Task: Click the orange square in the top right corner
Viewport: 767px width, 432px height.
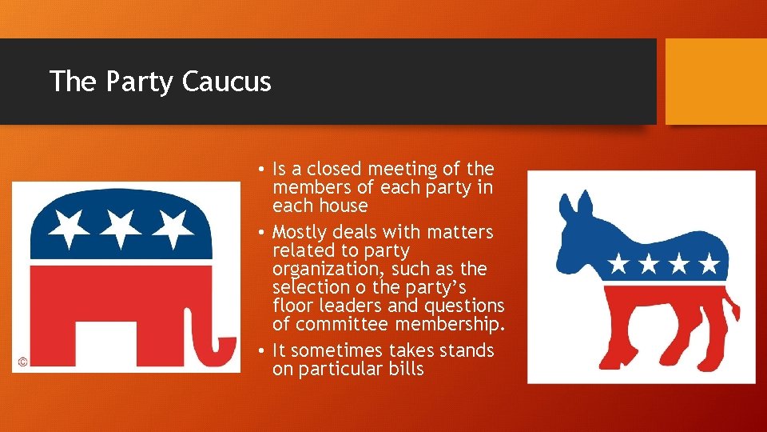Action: click(x=716, y=81)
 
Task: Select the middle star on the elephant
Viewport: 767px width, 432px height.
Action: click(x=121, y=227)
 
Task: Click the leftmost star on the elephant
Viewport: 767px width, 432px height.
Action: click(x=69, y=227)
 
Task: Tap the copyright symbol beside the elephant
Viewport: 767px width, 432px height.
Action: click(x=22, y=362)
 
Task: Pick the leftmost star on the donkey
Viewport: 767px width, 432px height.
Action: click(x=618, y=262)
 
